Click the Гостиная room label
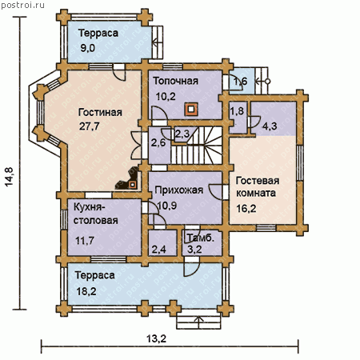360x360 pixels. coord(100,112)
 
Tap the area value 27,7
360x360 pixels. coord(89,126)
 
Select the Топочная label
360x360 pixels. coord(175,81)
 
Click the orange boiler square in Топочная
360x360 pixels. coord(191,109)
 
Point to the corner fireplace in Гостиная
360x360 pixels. coord(129,179)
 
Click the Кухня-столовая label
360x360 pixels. coord(96,214)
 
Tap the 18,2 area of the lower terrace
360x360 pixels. coord(86,291)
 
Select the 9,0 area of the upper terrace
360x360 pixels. coord(87,48)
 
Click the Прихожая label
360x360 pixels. coord(178,190)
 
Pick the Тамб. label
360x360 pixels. coord(201,238)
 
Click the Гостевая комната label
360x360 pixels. coord(257,186)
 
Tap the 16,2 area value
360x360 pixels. coord(246,208)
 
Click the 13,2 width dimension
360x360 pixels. coord(156,338)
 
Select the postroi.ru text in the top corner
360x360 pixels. coord(22,5)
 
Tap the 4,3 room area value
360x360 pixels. coord(270,126)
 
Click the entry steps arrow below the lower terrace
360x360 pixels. coord(198,319)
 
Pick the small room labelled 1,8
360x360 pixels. coord(238,118)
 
